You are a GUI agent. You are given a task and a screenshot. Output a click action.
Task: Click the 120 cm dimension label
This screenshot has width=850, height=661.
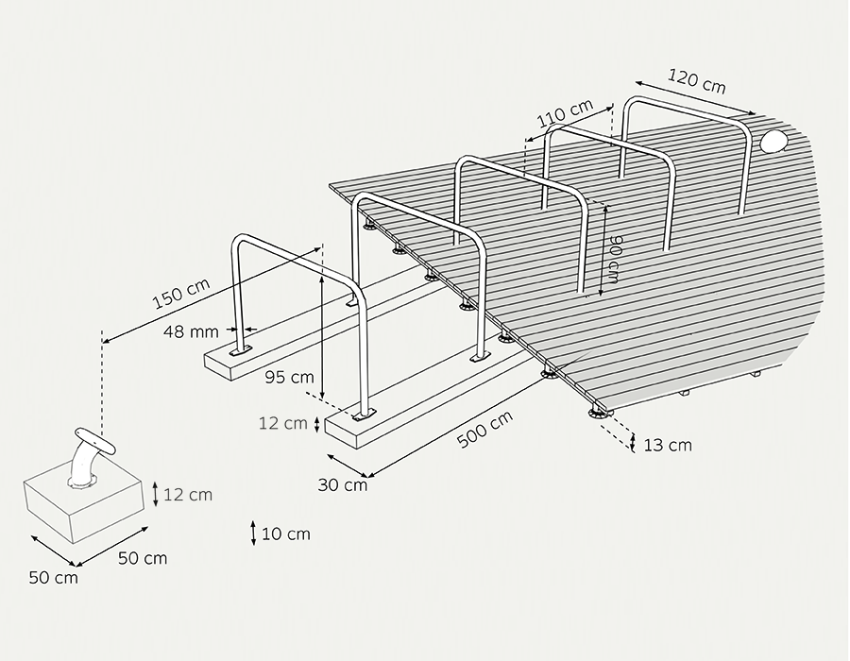click(696, 80)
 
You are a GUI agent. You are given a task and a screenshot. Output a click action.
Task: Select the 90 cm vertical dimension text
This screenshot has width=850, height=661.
click(614, 260)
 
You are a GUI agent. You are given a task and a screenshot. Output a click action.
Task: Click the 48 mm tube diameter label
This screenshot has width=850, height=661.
click(191, 331)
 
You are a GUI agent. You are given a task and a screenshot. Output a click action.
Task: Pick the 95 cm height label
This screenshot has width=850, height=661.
click(289, 377)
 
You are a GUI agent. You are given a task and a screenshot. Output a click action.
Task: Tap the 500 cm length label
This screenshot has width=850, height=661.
click(485, 430)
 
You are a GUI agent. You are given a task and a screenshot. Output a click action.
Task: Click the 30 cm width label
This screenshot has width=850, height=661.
click(343, 485)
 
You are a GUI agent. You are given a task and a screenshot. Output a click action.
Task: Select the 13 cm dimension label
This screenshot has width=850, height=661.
click(668, 446)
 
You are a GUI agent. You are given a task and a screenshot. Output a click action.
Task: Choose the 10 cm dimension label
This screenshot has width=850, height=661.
click(286, 534)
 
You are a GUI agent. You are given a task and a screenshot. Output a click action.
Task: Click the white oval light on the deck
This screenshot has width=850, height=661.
click(773, 141)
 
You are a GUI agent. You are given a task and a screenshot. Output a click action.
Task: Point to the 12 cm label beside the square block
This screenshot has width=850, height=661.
click(188, 495)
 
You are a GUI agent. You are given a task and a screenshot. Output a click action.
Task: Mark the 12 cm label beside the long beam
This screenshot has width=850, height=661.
click(283, 423)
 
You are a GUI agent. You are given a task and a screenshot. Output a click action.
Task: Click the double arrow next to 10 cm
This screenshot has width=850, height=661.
click(253, 534)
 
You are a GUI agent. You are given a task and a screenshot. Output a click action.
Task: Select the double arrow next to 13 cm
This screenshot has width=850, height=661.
click(633, 442)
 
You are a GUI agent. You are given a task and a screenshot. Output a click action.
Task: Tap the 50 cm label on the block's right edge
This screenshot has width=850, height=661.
click(143, 558)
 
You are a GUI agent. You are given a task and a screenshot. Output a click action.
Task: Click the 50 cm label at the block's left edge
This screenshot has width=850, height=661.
click(53, 578)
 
